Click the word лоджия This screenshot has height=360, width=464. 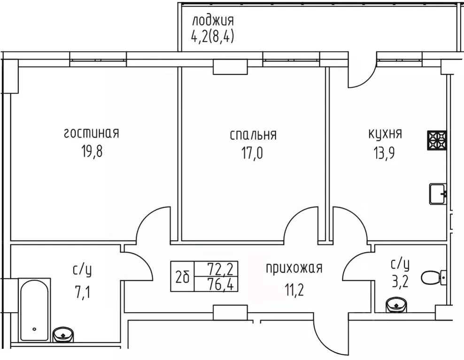[x=212, y=21]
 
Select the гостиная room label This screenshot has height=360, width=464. [x=92, y=133]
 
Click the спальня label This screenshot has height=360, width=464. [x=253, y=135]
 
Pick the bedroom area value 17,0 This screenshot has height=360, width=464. [x=253, y=153]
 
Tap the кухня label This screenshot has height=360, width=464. [x=385, y=134]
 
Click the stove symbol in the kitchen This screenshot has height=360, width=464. [x=437, y=140]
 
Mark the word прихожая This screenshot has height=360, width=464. [x=294, y=268]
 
